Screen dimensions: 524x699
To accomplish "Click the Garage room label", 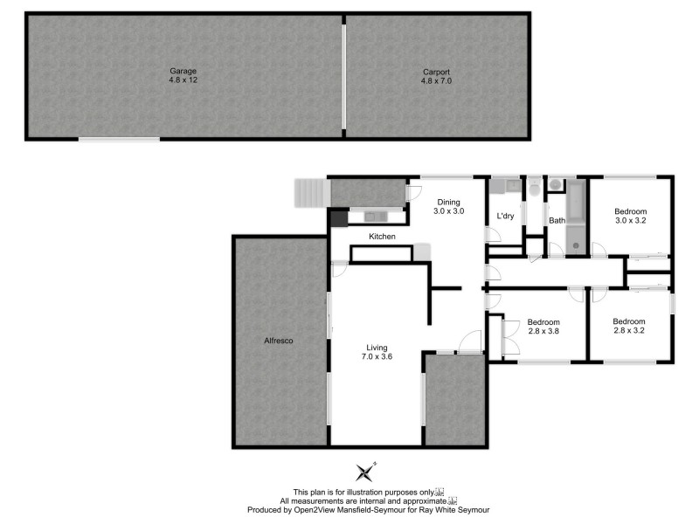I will tap(183, 70).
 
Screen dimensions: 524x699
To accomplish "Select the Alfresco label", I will tap(280, 341).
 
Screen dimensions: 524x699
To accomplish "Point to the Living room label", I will tap(377, 347).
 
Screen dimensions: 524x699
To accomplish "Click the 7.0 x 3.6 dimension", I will tap(377, 356).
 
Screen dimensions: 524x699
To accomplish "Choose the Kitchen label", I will tap(382, 237).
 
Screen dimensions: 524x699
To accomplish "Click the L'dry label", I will tap(505, 216).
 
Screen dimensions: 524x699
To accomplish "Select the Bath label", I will tap(557, 220).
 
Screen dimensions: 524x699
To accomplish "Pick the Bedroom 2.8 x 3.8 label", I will tap(543, 327).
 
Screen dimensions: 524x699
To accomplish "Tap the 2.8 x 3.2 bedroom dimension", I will tap(629, 331).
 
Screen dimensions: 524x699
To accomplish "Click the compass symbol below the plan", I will tap(365, 472).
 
